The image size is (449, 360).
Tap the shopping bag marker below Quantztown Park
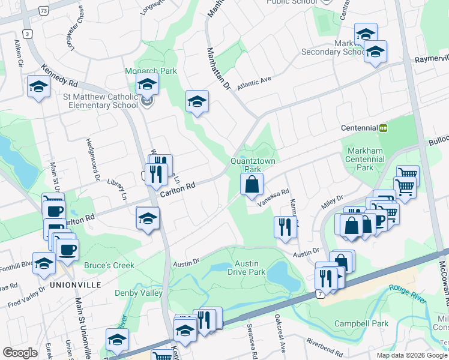[252, 185]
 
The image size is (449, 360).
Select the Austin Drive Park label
[246, 268]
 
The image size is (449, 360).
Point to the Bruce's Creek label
[93, 265]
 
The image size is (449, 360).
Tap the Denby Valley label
[139, 293]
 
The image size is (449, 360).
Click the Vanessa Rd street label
[274, 194]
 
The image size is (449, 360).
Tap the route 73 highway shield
[43, 11]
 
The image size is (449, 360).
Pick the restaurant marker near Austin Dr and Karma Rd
[285, 227]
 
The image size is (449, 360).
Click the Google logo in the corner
[19, 352]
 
